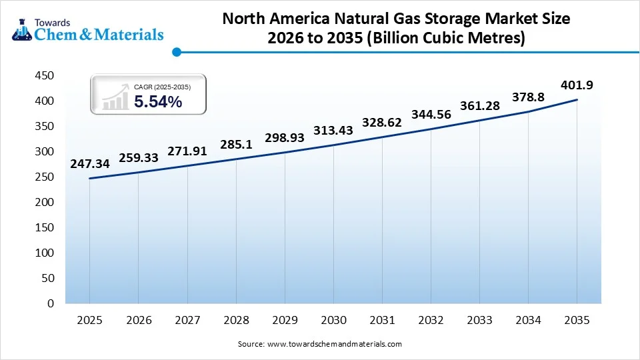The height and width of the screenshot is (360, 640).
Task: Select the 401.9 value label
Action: (x=577, y=85)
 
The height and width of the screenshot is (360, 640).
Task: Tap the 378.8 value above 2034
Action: (x=528, y=97)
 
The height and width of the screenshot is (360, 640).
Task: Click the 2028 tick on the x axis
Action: (x=236, y=320)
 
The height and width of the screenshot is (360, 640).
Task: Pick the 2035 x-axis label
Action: (x=577, y=320)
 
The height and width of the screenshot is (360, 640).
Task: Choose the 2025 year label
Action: (x=89, y=320)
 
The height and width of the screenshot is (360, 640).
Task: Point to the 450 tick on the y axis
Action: (x=44, y=76)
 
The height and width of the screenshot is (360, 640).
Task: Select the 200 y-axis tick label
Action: (x=44, y=202)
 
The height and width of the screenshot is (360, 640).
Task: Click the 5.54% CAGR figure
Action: (x=158, y=102)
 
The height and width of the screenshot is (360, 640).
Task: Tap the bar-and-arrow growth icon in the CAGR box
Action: (x=115, y=97)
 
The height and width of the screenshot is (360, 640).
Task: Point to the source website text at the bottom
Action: (x=320, y=344)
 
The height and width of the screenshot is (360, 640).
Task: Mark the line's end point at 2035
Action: (x=577, y=100)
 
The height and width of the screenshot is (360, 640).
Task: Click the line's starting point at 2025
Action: (x=89, y=178)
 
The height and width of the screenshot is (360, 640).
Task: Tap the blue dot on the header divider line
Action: (x=176, y=51)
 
